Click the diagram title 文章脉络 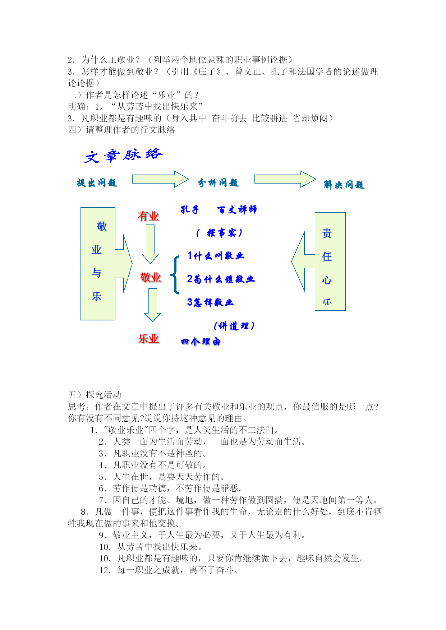tap(123, 156)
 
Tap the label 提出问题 tap(97, 183)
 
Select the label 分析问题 tap(219, 183)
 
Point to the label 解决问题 tap(344, 185)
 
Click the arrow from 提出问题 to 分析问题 tap(160, 179)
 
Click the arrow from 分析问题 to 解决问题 tap(285, 179)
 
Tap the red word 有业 tap(148, 216)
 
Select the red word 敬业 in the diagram tap(151, 277)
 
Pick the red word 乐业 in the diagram tap(149, 339)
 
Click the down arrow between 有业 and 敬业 tap(150, 244)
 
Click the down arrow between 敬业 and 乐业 tap(153, 305)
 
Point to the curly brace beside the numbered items tap(175, 275)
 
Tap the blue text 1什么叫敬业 tap(216, 256)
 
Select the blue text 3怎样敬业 tap(210, 302)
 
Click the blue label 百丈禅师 tap(237, 209)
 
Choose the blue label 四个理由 tap(201, 342)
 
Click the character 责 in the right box tap(327, 233)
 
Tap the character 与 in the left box tap(96, 273)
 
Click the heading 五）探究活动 tap(95, 395)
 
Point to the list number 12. tap(105, 570)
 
